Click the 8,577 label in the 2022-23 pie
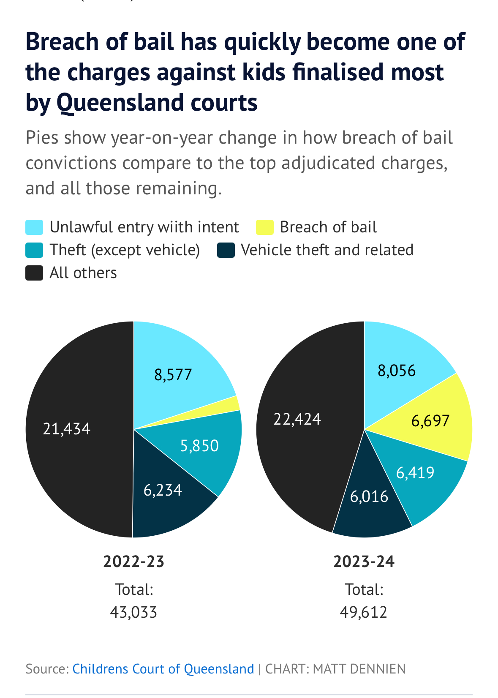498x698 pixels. (173, 375)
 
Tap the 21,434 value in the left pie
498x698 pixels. (67, 429)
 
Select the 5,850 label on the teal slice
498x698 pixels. (199, 446)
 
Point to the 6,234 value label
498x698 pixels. (163, 490)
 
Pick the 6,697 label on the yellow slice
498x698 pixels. (430, 421)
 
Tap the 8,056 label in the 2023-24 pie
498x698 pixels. (397, 371)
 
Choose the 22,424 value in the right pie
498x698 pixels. (297, 419)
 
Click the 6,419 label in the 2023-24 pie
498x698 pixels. (415, 472)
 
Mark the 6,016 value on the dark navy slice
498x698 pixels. (369, 496)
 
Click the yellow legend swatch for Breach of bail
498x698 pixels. (265, 227)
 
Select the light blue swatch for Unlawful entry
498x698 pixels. (34, 227)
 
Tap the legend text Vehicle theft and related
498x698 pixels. (327, 250)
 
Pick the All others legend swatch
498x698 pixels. (34, 273)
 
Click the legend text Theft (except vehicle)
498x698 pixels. (125, 250)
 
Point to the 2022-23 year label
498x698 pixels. (134, 562)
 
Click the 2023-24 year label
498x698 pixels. (364, 562)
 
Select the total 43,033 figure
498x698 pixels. (134, 612)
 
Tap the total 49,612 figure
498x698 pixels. (364, 612)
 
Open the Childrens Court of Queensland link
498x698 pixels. (163, 669)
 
